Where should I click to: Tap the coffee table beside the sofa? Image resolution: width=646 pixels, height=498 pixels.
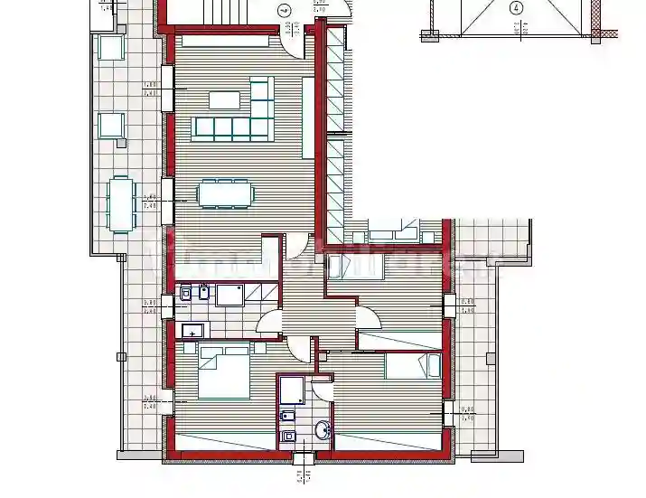[225, 99]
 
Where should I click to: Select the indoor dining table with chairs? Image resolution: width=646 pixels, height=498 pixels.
[226, 193]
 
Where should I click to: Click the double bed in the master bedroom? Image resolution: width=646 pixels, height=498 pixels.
[223, 374]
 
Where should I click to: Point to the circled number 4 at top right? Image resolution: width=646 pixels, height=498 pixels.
[516, 8]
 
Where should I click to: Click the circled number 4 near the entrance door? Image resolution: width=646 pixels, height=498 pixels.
[284, 12]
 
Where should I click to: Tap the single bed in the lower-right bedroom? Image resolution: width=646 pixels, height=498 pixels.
[413, 366]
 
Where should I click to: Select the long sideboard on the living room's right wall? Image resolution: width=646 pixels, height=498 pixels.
[308, 115]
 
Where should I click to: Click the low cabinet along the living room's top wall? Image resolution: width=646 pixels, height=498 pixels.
[225, 40]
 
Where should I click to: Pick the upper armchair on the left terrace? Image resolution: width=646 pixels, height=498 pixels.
[111, 48]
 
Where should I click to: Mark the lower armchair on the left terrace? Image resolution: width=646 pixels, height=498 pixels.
[111, 125]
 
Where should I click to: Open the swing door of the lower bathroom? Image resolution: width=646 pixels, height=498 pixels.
[323, 390]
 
